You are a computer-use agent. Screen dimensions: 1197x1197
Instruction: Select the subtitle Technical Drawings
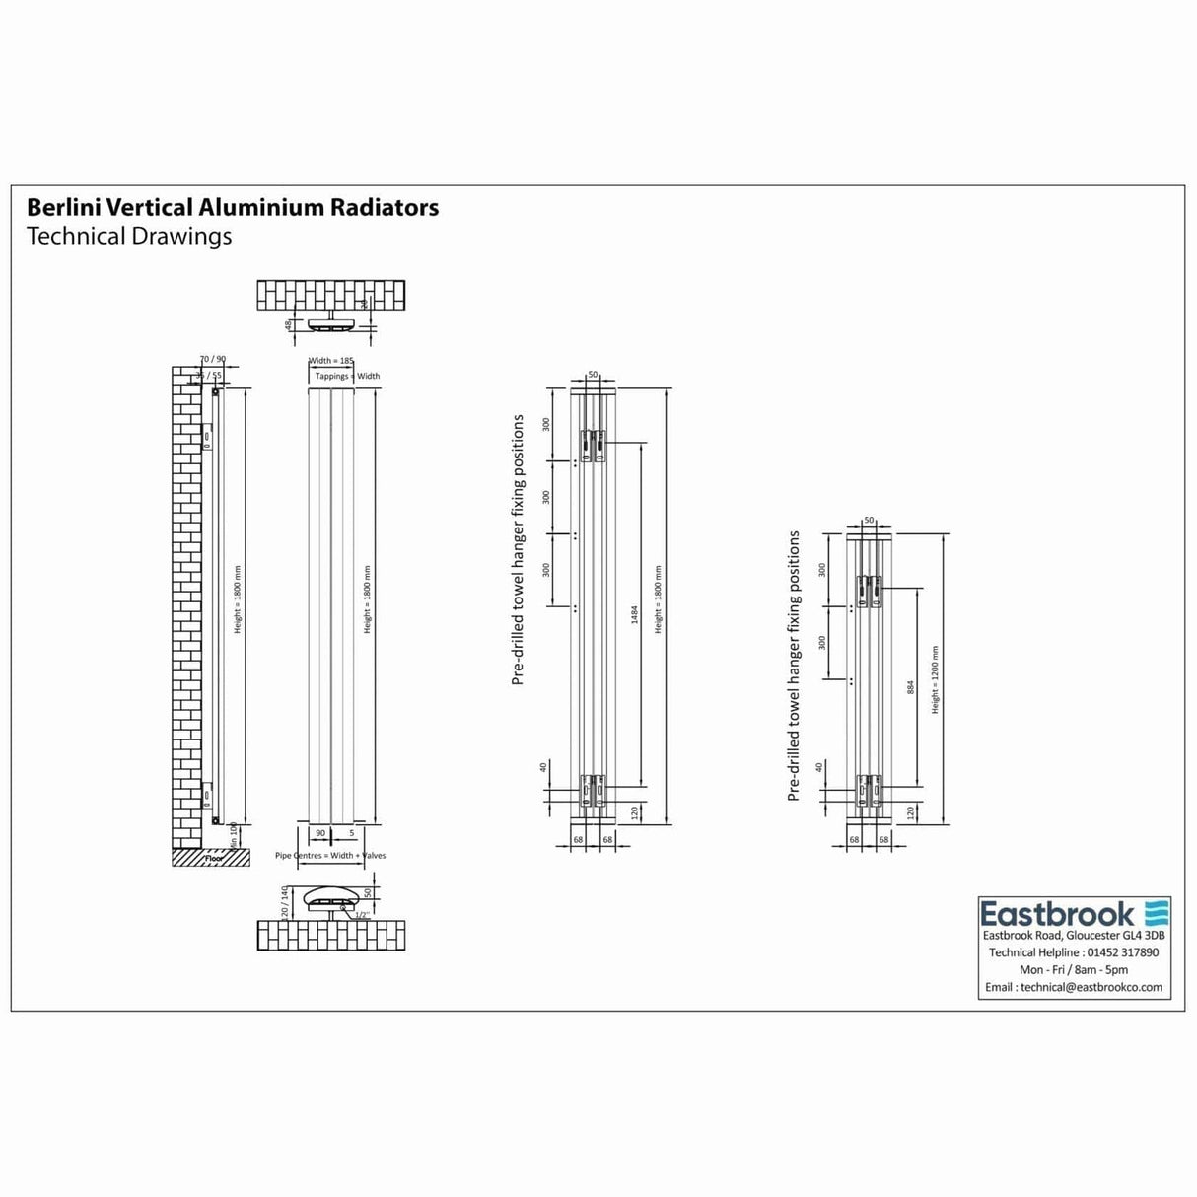point(129,237)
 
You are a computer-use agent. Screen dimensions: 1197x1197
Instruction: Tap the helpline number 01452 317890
point(1121,952)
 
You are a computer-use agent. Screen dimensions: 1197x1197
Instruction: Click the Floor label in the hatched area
point(215,858)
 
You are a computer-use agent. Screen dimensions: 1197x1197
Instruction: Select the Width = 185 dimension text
point(331,362)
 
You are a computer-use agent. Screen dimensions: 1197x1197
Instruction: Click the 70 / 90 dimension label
point(213,360)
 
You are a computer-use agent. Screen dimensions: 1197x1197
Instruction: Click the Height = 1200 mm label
point(935,680)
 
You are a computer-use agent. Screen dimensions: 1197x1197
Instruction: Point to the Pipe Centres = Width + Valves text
point(330,856)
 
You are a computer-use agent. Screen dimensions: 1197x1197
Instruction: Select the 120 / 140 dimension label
point(285,901)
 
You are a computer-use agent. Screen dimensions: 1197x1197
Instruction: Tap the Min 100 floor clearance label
point(234,835)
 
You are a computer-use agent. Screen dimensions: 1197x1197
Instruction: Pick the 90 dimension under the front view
point(320,834)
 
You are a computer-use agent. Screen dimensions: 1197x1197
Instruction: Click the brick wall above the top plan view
point(331,295)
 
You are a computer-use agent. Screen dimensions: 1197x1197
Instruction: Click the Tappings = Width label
point(347,377)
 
